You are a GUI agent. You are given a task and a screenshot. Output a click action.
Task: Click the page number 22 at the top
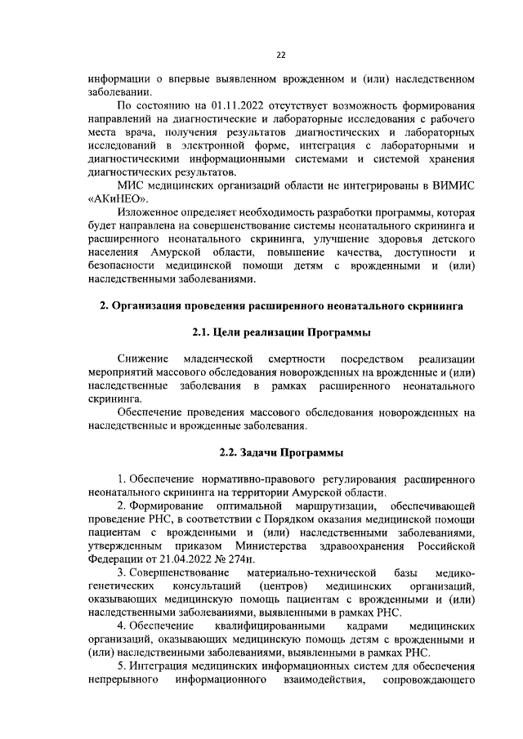pyautogui.click(x=279, y=55)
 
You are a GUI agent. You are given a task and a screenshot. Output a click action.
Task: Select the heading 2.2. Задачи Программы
pyautogui.click(x=280, y=452)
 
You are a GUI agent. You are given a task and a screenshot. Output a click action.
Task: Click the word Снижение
pyautogui.click(x=143, y=358)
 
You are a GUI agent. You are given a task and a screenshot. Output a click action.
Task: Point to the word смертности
pyautogui.click(x=297, y=358)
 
